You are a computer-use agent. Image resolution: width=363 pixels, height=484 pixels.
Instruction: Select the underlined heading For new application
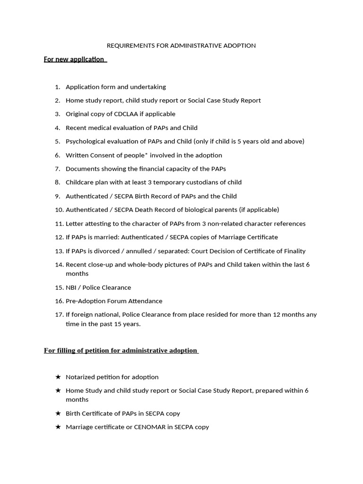pos(74,60)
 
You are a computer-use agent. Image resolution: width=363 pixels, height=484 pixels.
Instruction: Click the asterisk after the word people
pos(146,154)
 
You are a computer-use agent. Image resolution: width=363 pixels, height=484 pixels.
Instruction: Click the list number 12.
pos(59,237)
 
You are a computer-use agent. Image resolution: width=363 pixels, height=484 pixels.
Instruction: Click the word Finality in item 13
pos(293,251)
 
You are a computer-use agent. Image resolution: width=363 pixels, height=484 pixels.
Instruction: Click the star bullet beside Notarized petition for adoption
pos(58,377)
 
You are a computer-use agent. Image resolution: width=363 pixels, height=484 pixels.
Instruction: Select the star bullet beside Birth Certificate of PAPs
pos(58,414)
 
